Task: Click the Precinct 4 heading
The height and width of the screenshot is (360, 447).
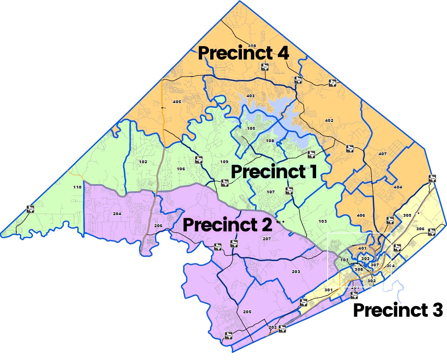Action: point(243,53)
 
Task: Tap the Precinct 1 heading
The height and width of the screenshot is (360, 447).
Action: point(274,172)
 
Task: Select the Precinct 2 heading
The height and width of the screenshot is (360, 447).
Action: point(227,225)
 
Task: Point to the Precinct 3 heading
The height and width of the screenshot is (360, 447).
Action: point(397,310)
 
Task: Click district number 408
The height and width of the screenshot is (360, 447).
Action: point(251,46)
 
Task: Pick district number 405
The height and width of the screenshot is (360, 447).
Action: point(177,102)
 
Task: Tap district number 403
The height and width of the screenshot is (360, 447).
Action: point(250,96)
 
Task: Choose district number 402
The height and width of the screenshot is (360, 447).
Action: point(329,120)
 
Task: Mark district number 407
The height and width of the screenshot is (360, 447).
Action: point(382,154)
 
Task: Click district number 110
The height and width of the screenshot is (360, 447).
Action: point(77,187)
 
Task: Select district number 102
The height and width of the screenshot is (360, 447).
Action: point(143,162)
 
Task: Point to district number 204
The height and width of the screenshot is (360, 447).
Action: point(117,214)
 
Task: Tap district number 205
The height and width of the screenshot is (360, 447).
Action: point(247,312)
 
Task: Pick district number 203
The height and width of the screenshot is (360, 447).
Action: point(295,272)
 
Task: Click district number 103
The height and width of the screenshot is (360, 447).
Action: point(322,221)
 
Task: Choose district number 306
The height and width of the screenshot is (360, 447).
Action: point(420,229)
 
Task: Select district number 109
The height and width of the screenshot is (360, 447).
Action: point(224,162)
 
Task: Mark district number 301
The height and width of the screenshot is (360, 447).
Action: point(328,290)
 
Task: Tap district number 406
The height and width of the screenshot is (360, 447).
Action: point(361,215)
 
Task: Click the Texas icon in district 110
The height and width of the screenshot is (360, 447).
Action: point(30,208)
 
